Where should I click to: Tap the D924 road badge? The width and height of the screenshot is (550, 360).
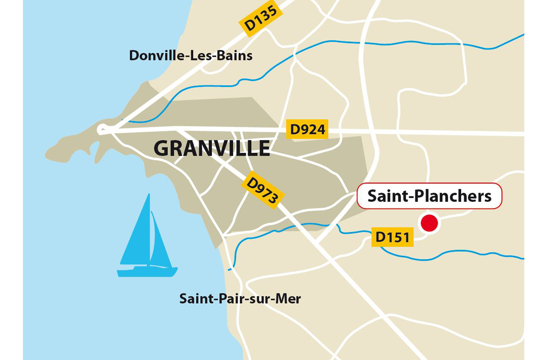coord(308,130)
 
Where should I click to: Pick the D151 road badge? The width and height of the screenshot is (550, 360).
coord(392,237)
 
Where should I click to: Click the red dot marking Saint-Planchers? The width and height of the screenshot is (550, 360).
coord(429,223)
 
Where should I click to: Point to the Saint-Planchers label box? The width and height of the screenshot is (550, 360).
coord(429,196)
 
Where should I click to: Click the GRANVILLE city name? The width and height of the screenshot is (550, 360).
coord(212,148)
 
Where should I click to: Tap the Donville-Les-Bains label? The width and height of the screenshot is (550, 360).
coord(191,55)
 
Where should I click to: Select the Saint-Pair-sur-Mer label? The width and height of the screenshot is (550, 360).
coord(240,299)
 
